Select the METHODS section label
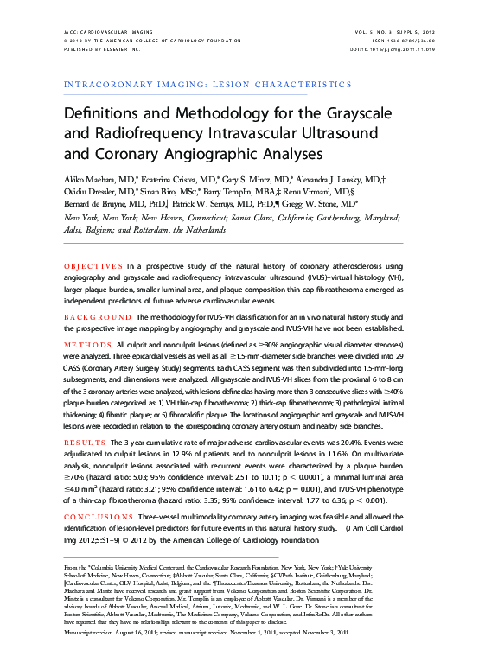point(87,343)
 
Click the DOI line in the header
point(393,50)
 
